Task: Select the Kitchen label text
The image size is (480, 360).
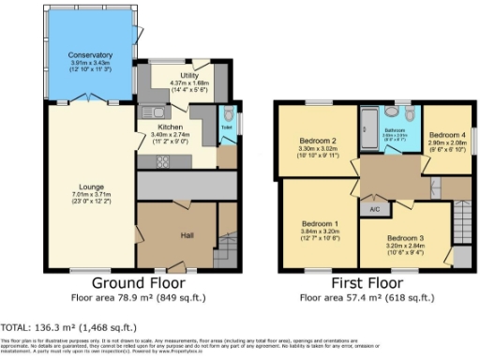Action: [x=170, y=126]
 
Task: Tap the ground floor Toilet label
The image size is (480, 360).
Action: [x=226, y=125]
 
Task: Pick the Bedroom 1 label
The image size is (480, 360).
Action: [x=320, y=224]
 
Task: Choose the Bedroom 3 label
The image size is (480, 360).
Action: [x=405, y=238]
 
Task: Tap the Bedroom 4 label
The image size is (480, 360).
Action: [x=446, y=134]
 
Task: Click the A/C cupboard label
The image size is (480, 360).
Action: [x=374, y=208]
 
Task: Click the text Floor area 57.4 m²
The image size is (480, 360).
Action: [x=340, y=297]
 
